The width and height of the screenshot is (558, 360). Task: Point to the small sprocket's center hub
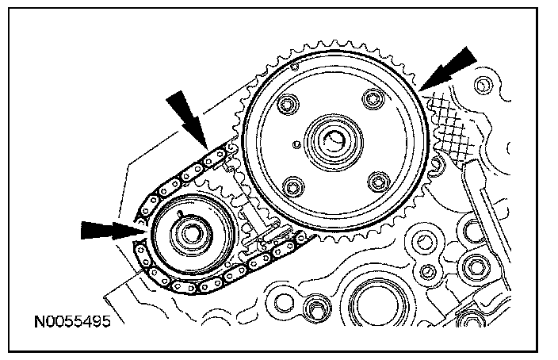coord(190,235)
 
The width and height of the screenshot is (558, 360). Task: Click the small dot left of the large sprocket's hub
coord(295,144)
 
